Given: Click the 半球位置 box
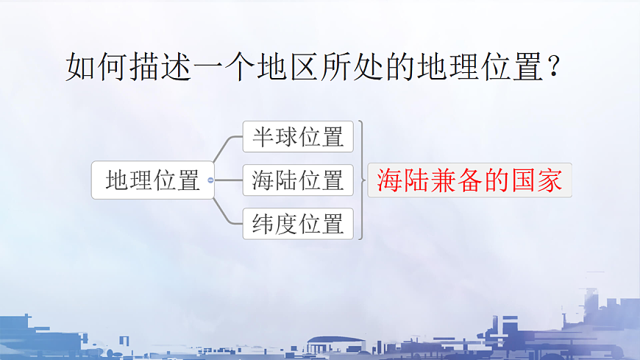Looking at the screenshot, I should [x=298, y=137].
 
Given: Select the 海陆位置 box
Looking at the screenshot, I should [x=298, y=180].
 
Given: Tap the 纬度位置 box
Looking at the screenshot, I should [x=298, y=224].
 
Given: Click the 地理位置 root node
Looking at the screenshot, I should [x=152, y=180].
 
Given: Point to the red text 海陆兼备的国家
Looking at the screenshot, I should [x=469, y=180].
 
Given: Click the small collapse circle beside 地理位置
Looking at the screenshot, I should [x=211, y=180].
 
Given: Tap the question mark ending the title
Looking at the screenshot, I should [x=558, y=68].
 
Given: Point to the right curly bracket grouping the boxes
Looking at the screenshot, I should [x=361, y=180].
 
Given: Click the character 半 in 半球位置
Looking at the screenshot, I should [x=263, y=138].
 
